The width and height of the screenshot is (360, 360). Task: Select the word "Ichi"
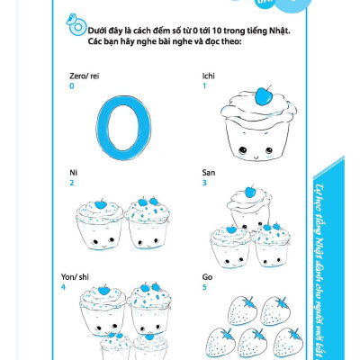[x=210, y=77]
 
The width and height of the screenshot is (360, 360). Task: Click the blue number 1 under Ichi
[x=205, y=87]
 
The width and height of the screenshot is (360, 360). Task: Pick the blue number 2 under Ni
[x=71, y=183]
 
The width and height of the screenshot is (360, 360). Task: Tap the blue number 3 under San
[x=205, y=183]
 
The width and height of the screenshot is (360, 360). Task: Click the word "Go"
[x=208, y=277]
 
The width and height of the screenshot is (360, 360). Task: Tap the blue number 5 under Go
[x=205, y=287]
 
